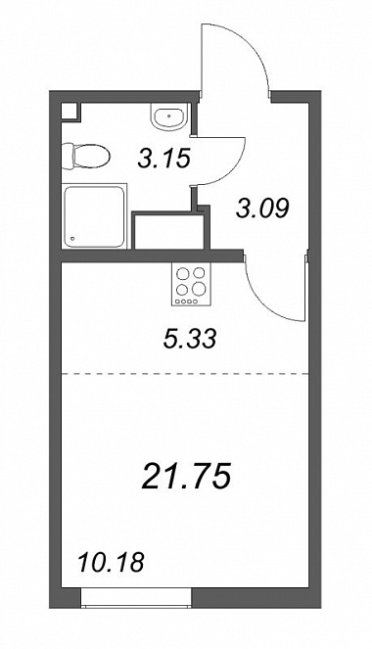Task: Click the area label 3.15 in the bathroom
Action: [163, 159]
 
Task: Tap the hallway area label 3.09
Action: [262, 209]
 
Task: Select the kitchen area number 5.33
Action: [190, 340]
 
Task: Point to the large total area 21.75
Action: [186, 476]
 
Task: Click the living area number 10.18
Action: [111, 563]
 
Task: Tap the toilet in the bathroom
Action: [86, 156]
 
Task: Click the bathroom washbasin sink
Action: [170, 116]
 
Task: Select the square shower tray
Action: [94, 217]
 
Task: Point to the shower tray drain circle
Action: [73, 239]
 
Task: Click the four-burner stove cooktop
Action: [191, 284]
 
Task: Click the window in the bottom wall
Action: [136, 598]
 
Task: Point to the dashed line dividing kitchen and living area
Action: [185, 373]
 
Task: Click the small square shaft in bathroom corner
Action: [70, 112]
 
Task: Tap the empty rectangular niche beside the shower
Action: [168, 232]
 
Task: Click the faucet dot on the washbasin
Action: [169, 116]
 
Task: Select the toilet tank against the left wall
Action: [67, 156]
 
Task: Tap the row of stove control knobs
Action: [185, 301]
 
